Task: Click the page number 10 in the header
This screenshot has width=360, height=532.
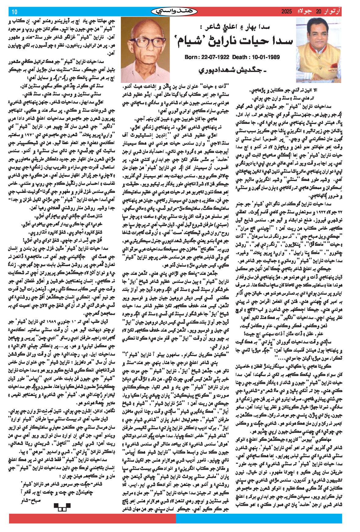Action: point(15,12)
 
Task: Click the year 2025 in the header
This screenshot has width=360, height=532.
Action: point(286,12)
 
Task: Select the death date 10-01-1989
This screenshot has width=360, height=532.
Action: point(265,57)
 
